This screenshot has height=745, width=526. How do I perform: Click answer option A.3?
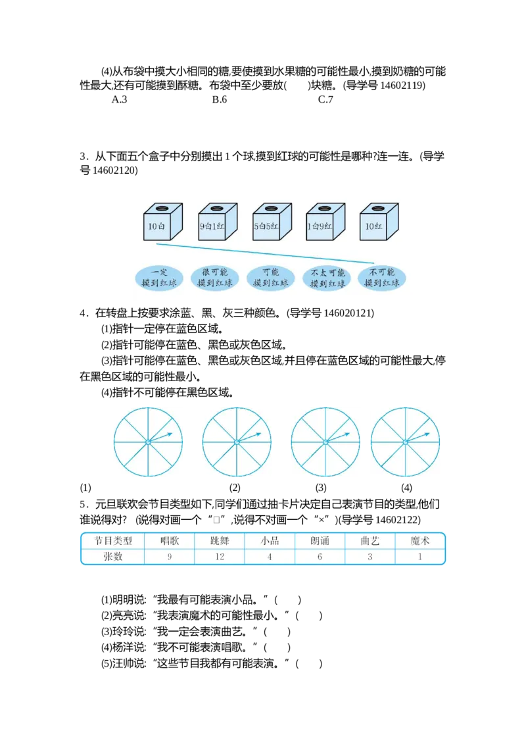click(119, 99)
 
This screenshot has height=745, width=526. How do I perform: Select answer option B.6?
click(220, 99)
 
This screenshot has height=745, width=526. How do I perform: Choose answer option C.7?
click(325, 99)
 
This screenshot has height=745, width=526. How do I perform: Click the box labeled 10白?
click(163, 222)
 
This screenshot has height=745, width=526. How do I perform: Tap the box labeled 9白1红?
click(218, 222)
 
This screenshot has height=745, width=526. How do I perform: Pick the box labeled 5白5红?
click(272, 222)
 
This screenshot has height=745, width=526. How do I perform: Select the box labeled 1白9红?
click(325, 222)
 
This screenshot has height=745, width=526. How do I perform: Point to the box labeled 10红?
click(379, 222)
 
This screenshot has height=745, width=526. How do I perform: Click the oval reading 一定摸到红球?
click(159, 278)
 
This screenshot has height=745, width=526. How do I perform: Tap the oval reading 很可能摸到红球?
click(214, 278)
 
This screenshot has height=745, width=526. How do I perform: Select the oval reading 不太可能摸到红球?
click(327, 278)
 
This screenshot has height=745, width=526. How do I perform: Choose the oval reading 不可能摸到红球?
click(382, 278)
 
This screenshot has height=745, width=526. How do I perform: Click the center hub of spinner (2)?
click(237, 442)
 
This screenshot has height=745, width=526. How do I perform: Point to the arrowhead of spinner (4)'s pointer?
click(428, 434)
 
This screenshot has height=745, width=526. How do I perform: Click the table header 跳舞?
click(220, 541)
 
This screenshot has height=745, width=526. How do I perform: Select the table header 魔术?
click(419, 541)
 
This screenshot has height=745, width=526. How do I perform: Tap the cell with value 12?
click(220, 556)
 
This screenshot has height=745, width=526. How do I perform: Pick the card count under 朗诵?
click(320, 556)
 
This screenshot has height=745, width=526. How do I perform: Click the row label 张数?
click(113, 556)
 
